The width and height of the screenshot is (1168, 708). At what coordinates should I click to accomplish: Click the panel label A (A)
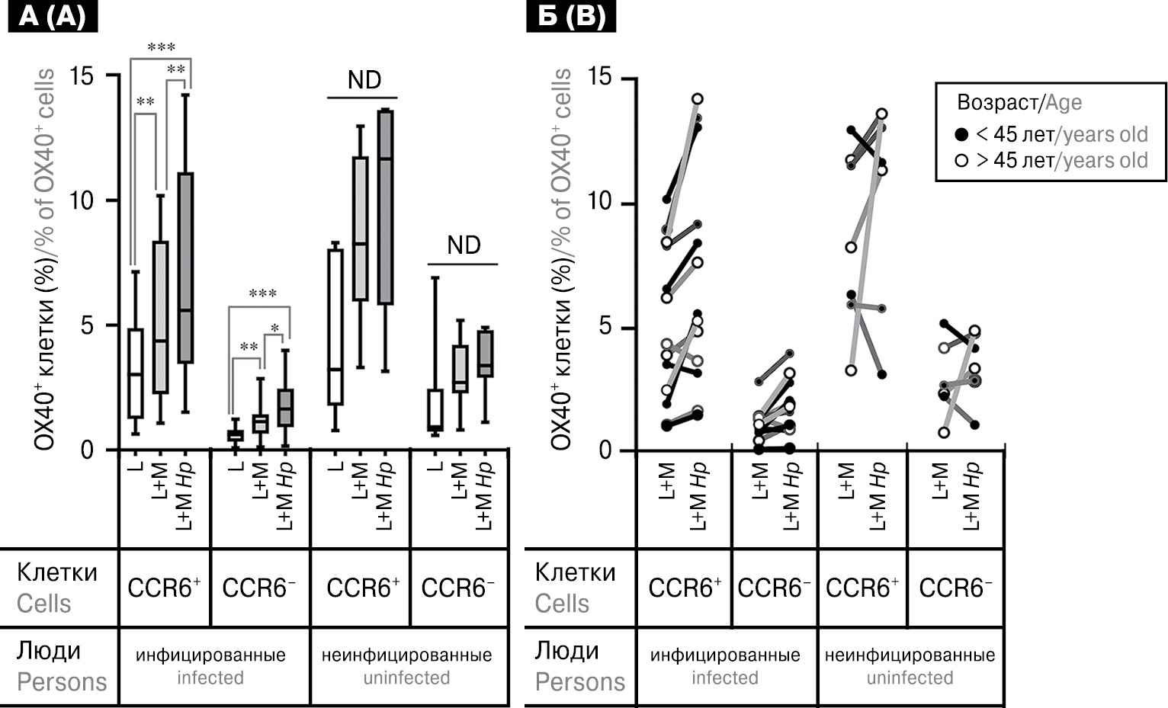(x=52, y=16)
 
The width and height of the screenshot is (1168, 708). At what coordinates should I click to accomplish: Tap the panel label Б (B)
(x=570, y=16)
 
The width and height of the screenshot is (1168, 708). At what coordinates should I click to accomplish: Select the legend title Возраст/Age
(x=1019, y=103)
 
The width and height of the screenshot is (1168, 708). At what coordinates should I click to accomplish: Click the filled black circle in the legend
(x=961, y=135)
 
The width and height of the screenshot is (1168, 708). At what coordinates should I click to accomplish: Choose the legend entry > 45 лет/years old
(x=1061, y=161)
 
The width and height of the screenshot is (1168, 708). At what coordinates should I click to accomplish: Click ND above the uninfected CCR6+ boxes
(x=364, y=80)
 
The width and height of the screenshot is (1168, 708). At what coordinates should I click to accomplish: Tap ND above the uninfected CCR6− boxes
(x=464, y=245)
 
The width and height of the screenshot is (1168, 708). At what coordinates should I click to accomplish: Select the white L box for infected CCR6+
(x=136, y=373)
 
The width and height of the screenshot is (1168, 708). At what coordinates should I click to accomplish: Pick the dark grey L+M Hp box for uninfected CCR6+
(x=385, y=207)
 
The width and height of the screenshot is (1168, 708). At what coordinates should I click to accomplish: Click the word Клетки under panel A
(x=57, y=572)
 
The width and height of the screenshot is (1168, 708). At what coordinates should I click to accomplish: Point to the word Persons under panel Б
(x=579, y=682)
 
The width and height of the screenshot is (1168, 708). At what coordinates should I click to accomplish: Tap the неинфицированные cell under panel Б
(x=910, y=655)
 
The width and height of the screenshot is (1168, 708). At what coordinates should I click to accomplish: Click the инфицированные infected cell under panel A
(x=210, y=665)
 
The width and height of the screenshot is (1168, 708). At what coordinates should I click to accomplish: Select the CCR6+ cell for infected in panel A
(x=164, y=588)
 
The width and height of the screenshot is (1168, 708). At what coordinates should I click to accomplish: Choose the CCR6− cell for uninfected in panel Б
(x=955, y=588)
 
